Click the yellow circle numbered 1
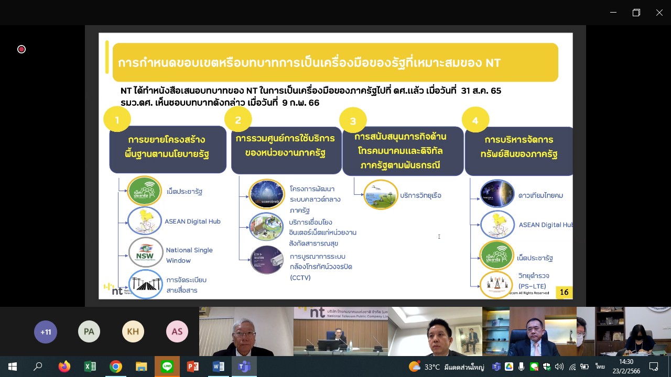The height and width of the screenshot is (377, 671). point(117,120)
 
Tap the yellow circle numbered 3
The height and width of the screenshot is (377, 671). point(353,121)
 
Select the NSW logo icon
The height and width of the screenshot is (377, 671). point(145,254)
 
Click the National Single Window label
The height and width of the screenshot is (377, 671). point(189,255)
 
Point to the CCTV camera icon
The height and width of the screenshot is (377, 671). point(266,260)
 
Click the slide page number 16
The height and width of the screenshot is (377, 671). point(564,292)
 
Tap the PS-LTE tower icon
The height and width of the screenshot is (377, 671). point(496,284)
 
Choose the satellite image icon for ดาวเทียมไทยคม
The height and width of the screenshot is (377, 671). point(497,194)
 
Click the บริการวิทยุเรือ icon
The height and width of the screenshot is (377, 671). point(381,194)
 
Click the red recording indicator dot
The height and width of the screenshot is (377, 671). point(21,49)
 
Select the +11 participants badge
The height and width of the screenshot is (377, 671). point(46,332)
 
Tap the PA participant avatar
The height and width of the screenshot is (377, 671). point(89,332)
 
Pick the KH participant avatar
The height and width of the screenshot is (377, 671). point(133,332)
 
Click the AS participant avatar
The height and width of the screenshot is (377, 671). point(177,332)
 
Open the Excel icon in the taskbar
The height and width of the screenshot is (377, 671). point(90,367)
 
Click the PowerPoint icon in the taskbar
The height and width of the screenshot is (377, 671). point(193,367)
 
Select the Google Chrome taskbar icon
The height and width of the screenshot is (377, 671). point(116,367)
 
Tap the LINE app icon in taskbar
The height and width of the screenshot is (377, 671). point(167,367)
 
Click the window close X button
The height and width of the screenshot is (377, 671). point(659,13)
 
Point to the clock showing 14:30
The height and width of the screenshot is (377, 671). point(626,362)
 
